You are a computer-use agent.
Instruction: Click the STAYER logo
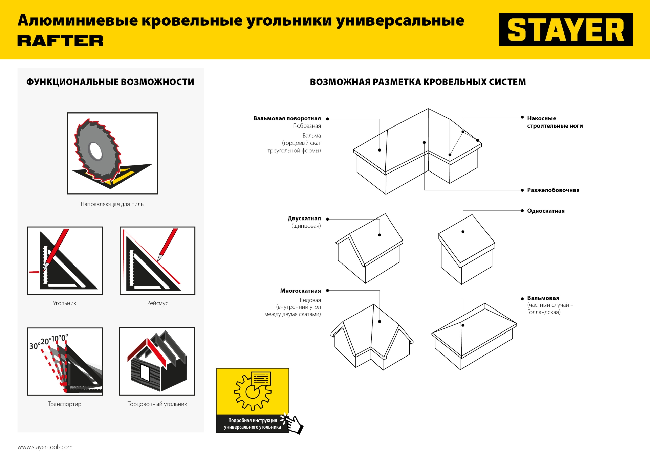(565, 30)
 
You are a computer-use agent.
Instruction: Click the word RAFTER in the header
(60, 41)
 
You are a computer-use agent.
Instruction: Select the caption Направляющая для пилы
(112, 204)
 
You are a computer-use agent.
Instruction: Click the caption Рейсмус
(157, 303)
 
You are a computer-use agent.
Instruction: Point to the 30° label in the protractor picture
(34, 346)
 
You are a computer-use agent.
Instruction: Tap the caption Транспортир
(65, 404)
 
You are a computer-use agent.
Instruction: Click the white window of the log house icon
(145, 373)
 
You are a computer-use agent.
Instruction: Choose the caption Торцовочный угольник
(157, 404)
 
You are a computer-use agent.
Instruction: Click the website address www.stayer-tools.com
(45, 447)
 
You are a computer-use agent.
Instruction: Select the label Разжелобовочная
(553, 190)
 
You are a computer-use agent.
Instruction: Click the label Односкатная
(546, 211)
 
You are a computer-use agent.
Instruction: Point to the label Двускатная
(304, 218)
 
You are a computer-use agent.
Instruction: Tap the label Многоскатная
(300, 291)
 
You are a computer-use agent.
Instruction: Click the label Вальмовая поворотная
(287, 118)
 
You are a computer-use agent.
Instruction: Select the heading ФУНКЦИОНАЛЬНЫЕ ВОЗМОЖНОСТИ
(110, 82)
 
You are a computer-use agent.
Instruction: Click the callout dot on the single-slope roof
(463, 232)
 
